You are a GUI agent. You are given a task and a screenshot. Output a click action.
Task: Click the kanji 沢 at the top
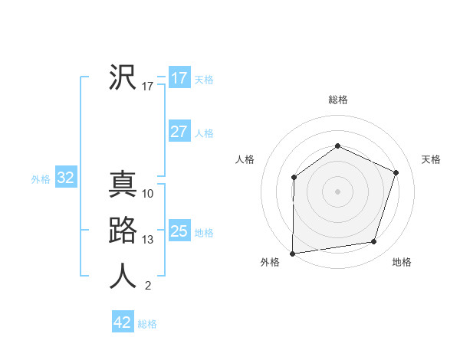point(123,77)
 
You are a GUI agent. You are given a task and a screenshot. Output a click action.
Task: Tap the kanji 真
point(123,185)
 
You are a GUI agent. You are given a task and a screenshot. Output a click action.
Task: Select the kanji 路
point(123,231)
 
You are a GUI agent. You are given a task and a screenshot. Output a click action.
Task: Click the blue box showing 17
point(179,78)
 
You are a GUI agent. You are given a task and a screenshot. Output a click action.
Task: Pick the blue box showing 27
point(179,132)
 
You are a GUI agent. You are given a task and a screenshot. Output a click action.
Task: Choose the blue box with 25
point(179,231)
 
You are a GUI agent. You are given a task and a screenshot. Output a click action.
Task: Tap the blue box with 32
point(66,178)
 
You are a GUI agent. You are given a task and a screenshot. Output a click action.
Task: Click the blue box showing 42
point(123,322)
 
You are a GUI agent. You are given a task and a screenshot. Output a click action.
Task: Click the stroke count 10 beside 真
point(148,194)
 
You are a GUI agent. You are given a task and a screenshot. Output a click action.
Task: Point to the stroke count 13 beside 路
point(148,240)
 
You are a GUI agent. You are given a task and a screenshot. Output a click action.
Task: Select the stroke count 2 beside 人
point(148,286)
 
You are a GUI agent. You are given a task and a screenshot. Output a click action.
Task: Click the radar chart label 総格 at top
point(338,100)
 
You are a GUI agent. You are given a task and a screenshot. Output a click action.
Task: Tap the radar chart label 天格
point(431,159)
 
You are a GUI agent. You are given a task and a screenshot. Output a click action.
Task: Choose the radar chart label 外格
point(270,262)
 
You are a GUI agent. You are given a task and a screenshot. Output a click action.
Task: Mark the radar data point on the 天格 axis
point(396,172)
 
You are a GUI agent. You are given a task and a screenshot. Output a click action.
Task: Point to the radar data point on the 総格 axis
point(337,146)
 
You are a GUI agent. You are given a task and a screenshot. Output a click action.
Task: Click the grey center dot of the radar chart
point(337,191)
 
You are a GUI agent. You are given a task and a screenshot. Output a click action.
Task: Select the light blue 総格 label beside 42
point(147,324)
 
